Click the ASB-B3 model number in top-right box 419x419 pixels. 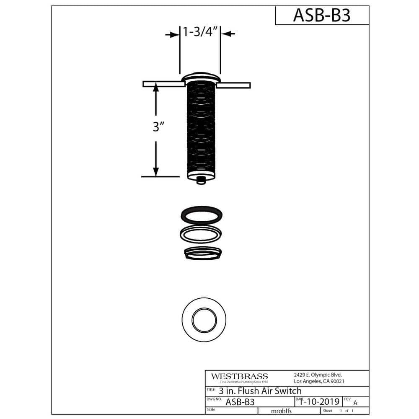pyautogui.click(x=321, y=16)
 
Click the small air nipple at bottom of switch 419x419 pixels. pyautogui.click(x=201, y=180)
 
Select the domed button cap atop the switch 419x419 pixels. pyautogui.click(x=201, y=77)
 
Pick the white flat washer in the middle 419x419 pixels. pyautogui.click(x=201, y=233)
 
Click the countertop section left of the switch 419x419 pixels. pyautogui.click(x=163, y=84)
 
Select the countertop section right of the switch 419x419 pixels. pyautogui.click(x=233, y=85)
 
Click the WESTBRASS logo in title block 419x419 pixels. pyautogui.click(x=239, y=377)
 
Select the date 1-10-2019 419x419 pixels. pyautogui.click(x=318, y=401)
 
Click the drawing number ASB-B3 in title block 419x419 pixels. pyautogui.click(x=240, y=402)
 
